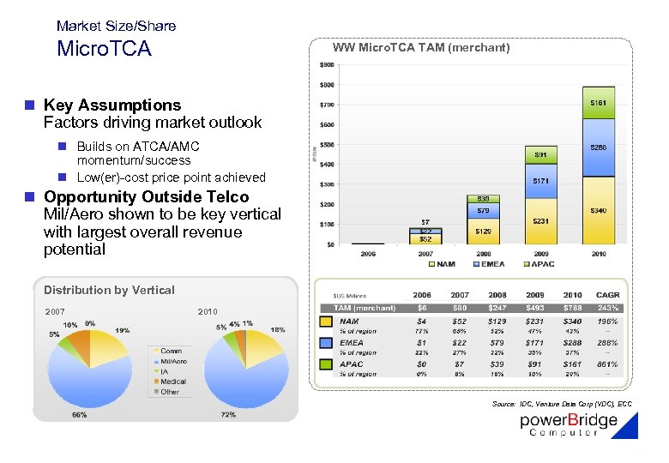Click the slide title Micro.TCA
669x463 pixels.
click(x=104, y=49)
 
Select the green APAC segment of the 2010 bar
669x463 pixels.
click(x=598, y=102)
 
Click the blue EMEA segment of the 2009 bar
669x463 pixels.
click(x=540, y=181)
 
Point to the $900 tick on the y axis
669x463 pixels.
click(x=327, y=65)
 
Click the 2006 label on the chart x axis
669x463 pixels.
click(x=368, y=254)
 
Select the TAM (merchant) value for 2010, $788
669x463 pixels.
click(x=570, y=308)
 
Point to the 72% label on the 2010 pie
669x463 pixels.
click(x=229, y=414)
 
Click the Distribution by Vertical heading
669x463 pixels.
click(x=109, y=290)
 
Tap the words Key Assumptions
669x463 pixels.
click(x=112, y=105)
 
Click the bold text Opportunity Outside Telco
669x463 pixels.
click(x=146, y=197)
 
